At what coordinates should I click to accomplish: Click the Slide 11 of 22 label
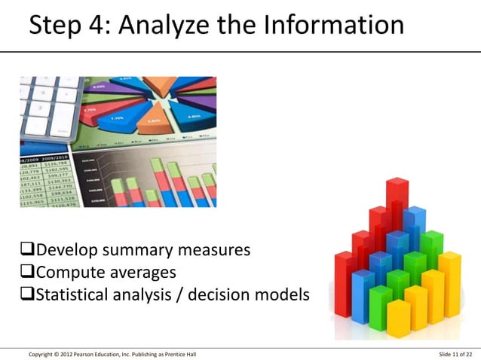tap(455, 354)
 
